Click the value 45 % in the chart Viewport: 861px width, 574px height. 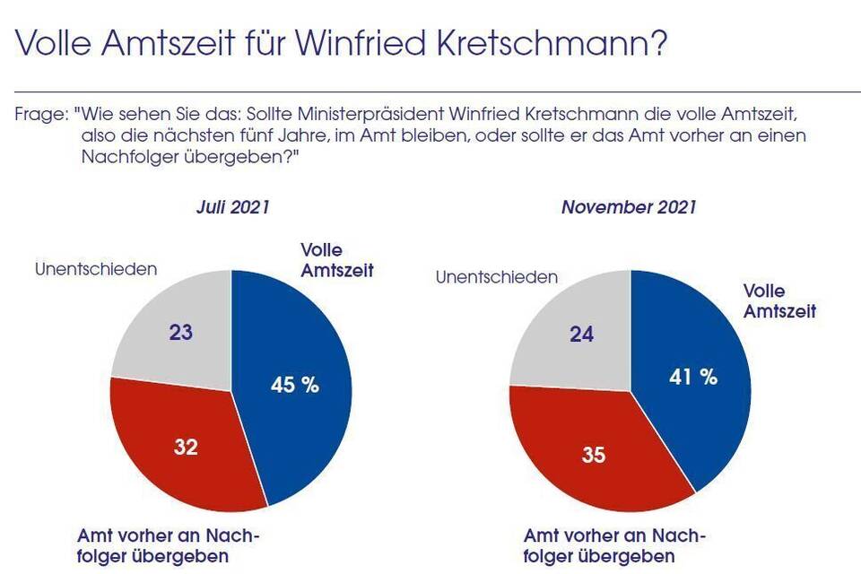pyautogui.click(x=295, y=385)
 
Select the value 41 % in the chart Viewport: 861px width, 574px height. pyautogui.click(x=694, y=377)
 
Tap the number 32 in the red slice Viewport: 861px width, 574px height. pyautogui.click(x=186, y=445)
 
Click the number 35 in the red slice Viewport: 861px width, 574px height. pyautogui.click(x=593, y=455)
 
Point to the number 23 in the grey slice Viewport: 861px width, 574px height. pyautogui.click(x=181, y=333)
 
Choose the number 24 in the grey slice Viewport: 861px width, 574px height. pyautogui.click(x=581, y=334)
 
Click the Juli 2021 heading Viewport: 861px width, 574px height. pyautogui.click(x=233, y=207)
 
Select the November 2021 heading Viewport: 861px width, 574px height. pyautogui.click(x=629, y=207)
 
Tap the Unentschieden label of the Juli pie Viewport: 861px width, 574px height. pyautogui.click(x=96, y=268)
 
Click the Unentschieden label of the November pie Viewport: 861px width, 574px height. pyautogui.click(x=496, y=277)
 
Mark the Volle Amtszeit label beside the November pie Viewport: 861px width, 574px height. pyautogui.click(x=779, y=301)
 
